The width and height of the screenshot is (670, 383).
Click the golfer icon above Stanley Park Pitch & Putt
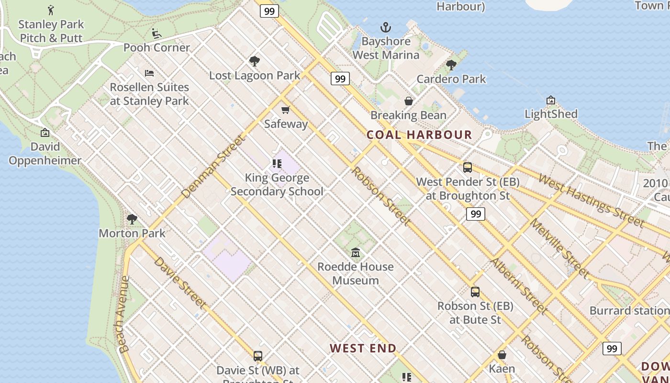51,10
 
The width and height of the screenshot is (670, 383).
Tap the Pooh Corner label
156,47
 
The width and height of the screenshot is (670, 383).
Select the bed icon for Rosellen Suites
149,73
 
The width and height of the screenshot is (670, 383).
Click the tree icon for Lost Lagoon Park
255,61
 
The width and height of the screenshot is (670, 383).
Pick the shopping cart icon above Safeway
286,110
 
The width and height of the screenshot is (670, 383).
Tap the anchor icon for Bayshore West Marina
385,27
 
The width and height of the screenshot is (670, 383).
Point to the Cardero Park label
451,79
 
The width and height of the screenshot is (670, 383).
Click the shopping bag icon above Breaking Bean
409,101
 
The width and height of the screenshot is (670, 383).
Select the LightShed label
551,114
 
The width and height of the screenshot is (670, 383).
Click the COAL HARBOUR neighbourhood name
419,135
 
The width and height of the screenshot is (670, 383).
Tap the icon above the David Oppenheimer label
45,133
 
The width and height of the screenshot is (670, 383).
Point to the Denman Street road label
213,167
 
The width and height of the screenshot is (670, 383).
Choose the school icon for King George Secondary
277,164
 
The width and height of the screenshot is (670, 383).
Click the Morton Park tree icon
132,219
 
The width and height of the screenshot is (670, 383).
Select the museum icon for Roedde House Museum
356,252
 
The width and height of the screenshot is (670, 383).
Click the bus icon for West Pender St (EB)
468,168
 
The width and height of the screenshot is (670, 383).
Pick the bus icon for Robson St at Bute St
475,292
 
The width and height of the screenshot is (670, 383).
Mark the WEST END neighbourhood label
363,348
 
